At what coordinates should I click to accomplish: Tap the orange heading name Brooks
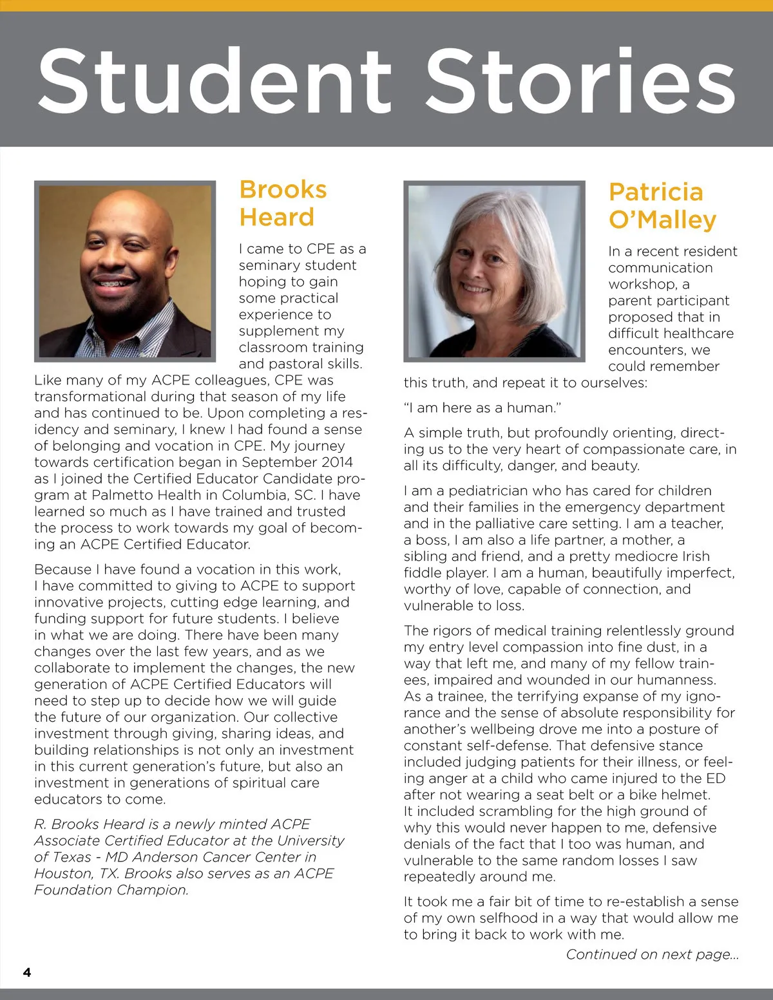pyautogui.click(x=283, y=190)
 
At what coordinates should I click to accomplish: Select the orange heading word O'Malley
pyautogui.click(x=662, y=220)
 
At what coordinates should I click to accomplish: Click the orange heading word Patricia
pyautogui.click(x=656, y=192)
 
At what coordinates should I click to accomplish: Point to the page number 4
pyautogui.click(x=27, y=972)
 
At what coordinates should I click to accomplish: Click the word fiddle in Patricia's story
pyautogui.click(x=423, y=573)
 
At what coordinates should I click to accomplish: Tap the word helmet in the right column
pyautogui.click(x=685, y=795)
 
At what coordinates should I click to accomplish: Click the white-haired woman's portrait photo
pyautogui.click(x=495, y=271)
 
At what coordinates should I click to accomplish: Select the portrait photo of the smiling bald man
pyautogui.click(x=125, y=271)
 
